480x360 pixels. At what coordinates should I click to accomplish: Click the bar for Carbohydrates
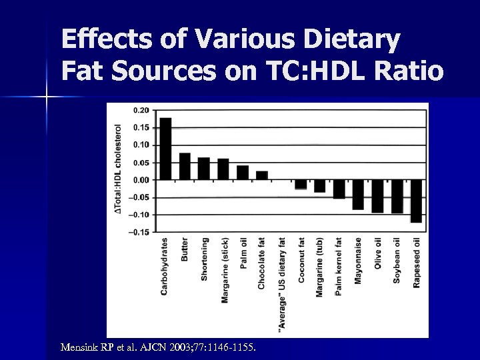coord(165,149)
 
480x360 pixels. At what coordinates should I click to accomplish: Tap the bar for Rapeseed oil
coord(417,201)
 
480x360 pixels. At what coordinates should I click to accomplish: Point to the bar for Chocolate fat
coord(262,175)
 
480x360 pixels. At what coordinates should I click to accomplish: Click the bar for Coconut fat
coord(301,184)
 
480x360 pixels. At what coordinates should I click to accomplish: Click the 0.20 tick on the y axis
coord(141,110)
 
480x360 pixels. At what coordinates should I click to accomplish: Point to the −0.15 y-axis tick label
coord(139,232)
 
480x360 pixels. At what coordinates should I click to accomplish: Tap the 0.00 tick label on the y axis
coord(141,180)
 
